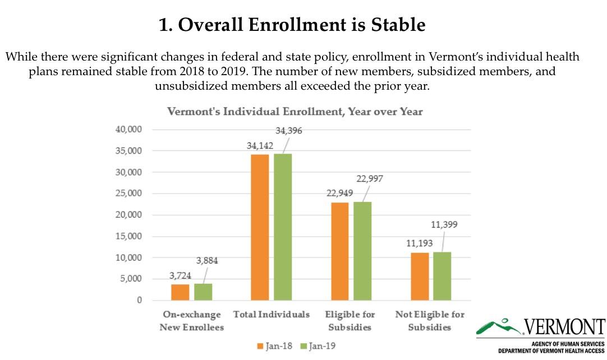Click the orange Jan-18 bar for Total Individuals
click(x=260, y=227)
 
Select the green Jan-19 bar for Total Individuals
click(x=283, y=227)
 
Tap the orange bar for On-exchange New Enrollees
click(x=180, y=292)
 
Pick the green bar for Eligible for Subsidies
click(x=362, y=251)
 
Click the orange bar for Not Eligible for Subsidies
click(x=420, y=276)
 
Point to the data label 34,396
click(x=289, y=131)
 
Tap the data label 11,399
click(x=444, y=225)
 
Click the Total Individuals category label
click(x=271, y=315)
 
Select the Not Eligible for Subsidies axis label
click(x=430, y=321)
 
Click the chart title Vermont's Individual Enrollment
click(x=295, y=112)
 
